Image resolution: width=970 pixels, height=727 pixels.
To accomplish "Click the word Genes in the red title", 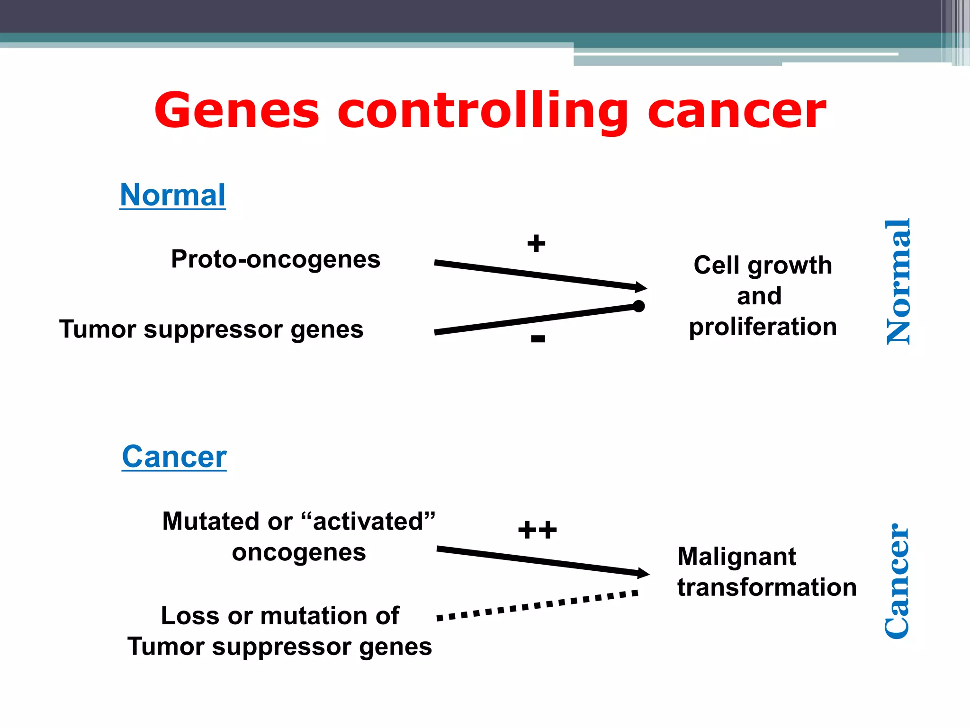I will point(237,111).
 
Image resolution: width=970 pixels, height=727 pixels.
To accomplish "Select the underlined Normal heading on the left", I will point(172,195).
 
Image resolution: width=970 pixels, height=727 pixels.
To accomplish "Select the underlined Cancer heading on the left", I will point(174,457).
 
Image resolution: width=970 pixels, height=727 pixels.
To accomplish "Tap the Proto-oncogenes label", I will point(276,259).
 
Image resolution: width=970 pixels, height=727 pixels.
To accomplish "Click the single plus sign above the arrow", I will point(536,243).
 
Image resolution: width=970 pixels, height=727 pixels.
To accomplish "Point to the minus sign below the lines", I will point(538,338).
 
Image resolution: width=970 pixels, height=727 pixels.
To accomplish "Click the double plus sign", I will point(537,530).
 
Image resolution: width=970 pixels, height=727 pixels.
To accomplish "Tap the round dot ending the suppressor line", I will point(638,306).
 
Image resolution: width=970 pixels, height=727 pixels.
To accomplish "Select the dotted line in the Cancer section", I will point(538,605).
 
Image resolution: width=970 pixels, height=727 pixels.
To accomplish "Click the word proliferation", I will point(763,327).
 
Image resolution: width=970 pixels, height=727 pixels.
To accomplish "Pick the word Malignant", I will point(736,557).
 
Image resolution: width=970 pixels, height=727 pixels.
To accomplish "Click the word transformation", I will point(767,587).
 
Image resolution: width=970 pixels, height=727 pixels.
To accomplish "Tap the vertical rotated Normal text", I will point(898,282).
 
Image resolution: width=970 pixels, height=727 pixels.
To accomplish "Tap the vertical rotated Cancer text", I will point(897,581).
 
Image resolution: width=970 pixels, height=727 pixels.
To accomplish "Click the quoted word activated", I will point(368,521).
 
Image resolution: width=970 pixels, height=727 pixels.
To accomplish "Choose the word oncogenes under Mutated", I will point(299,552).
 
